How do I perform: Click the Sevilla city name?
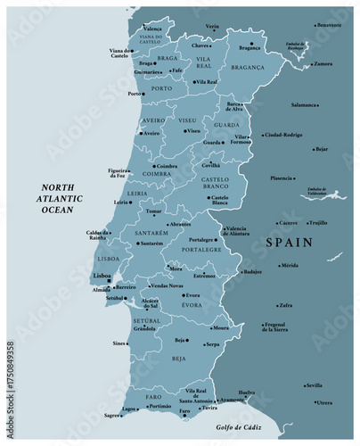coord(314,385)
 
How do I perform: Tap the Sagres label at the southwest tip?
coord(111,415)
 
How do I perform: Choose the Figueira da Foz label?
coord(118,173)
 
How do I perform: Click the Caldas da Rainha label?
coord(97,235)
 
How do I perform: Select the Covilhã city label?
coord(209,165)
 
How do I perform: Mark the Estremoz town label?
coord(204,276)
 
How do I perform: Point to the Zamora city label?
coord(323,63)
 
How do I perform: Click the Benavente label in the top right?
coord(329,25)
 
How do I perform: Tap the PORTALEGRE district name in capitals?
coord(201,250)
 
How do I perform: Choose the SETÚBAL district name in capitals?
coord(146,319)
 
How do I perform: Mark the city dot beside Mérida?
coord(275,265)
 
